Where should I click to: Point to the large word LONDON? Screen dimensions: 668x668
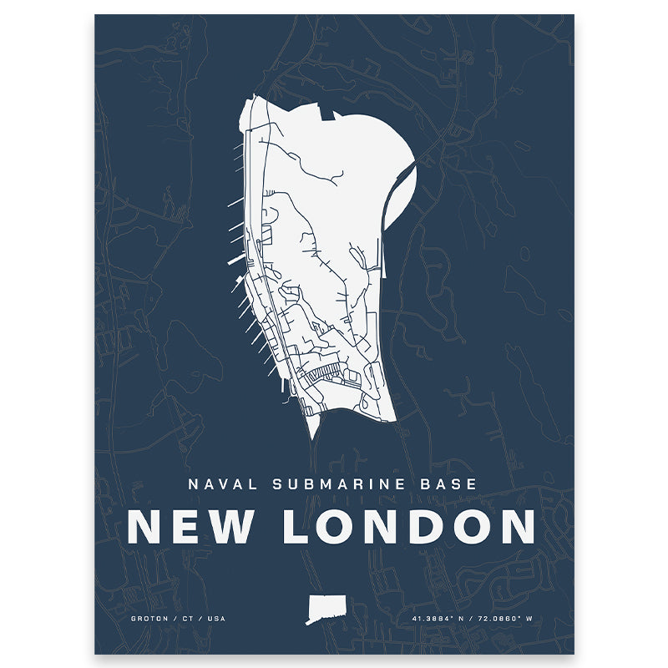(x=409, y=526)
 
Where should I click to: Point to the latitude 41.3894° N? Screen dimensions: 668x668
(x=441, y=619)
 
